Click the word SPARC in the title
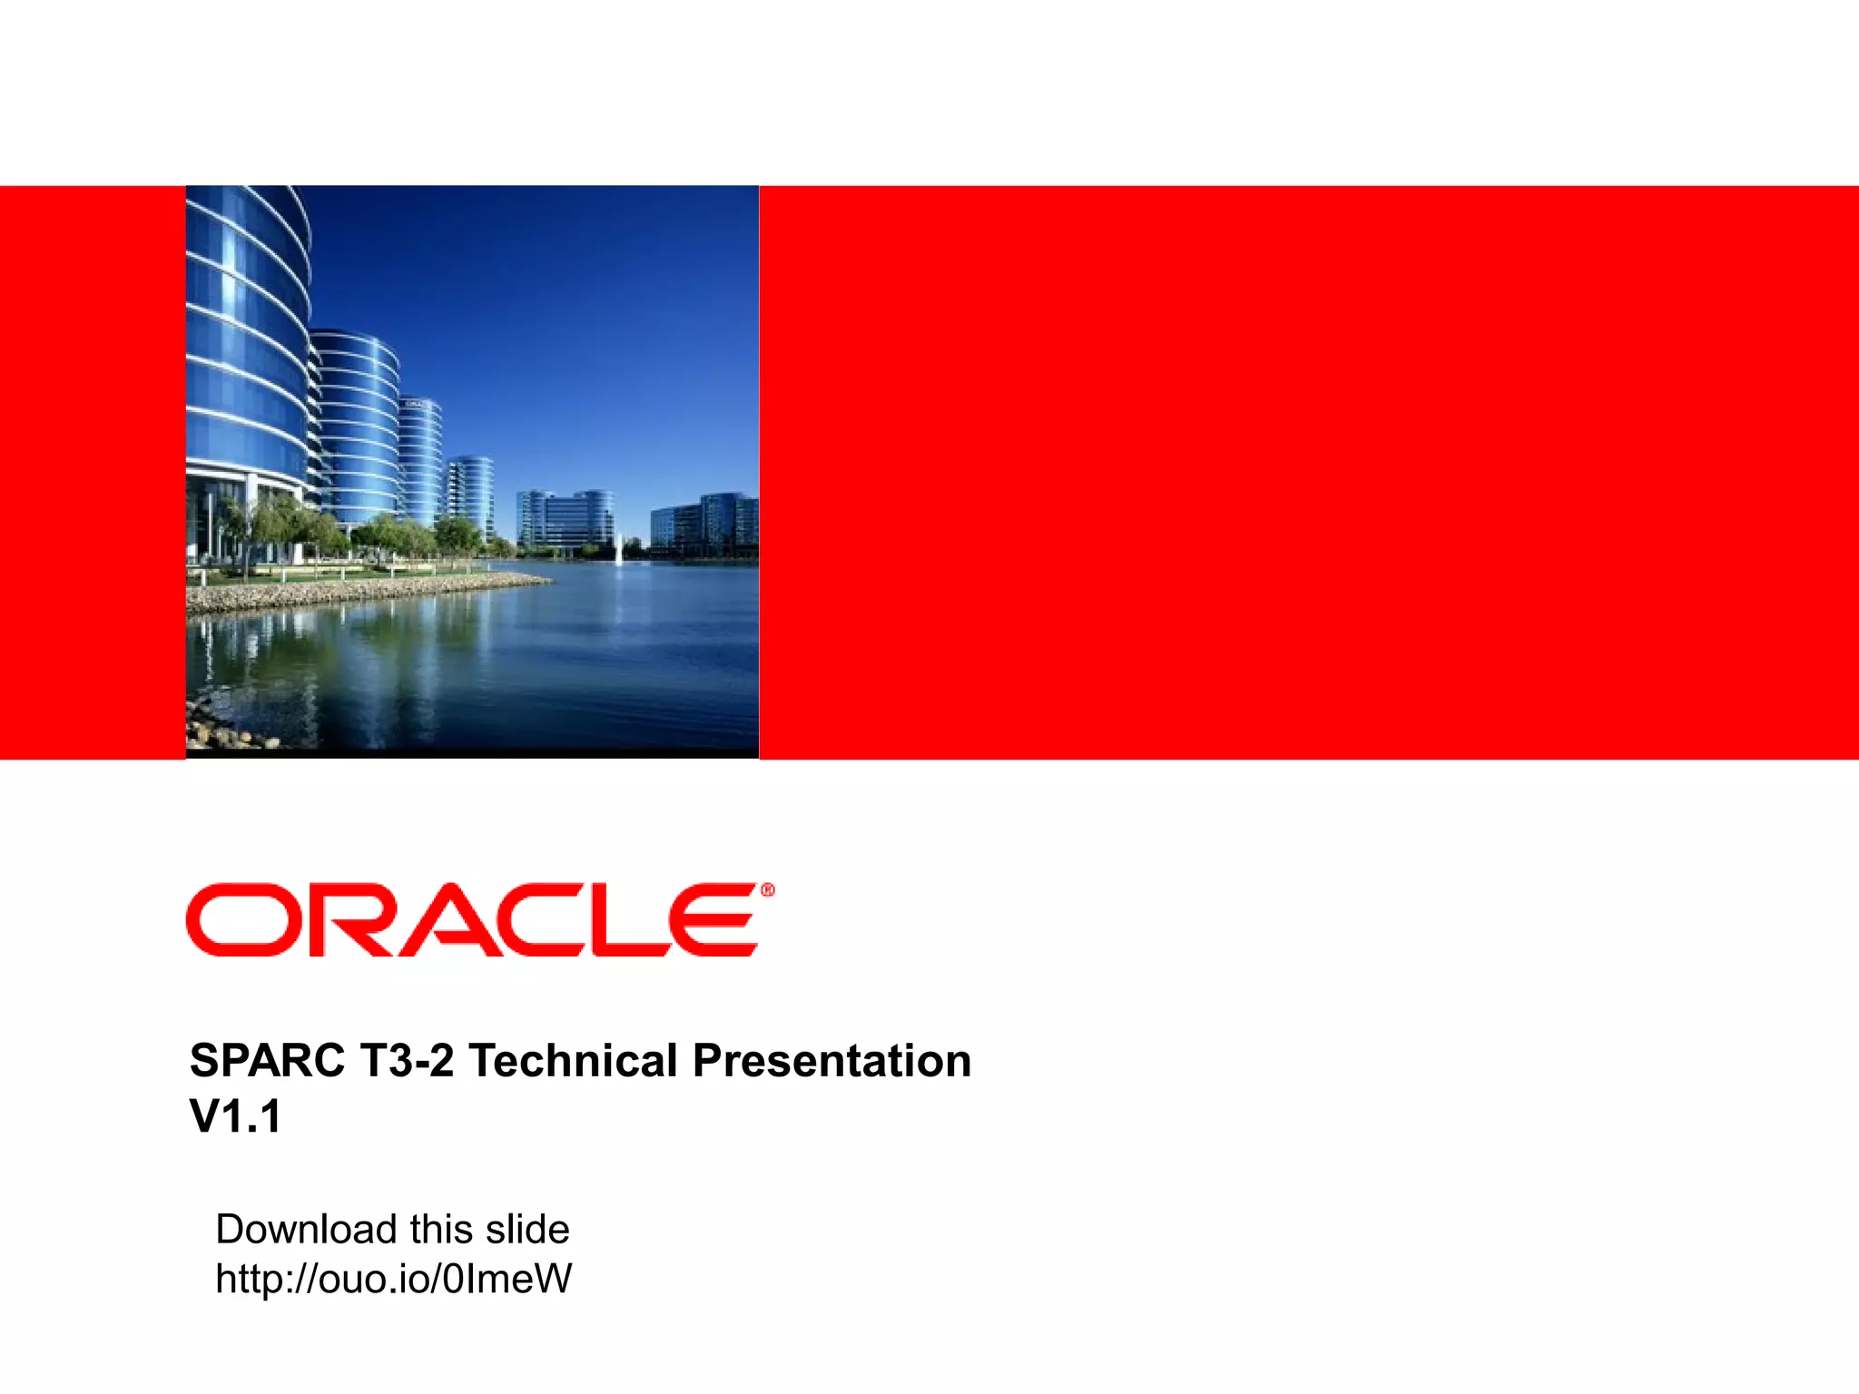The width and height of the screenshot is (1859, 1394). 267,1061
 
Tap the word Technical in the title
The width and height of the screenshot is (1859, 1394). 573,1061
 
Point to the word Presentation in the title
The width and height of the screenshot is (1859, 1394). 831,1061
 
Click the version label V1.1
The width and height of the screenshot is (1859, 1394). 235,1116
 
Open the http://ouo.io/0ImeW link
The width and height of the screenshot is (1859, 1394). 393,1279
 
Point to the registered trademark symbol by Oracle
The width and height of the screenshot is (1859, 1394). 768,890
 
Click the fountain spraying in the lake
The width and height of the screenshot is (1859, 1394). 618,550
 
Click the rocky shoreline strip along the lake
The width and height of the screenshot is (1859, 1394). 363,592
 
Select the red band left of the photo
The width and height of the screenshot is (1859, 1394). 91,472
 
